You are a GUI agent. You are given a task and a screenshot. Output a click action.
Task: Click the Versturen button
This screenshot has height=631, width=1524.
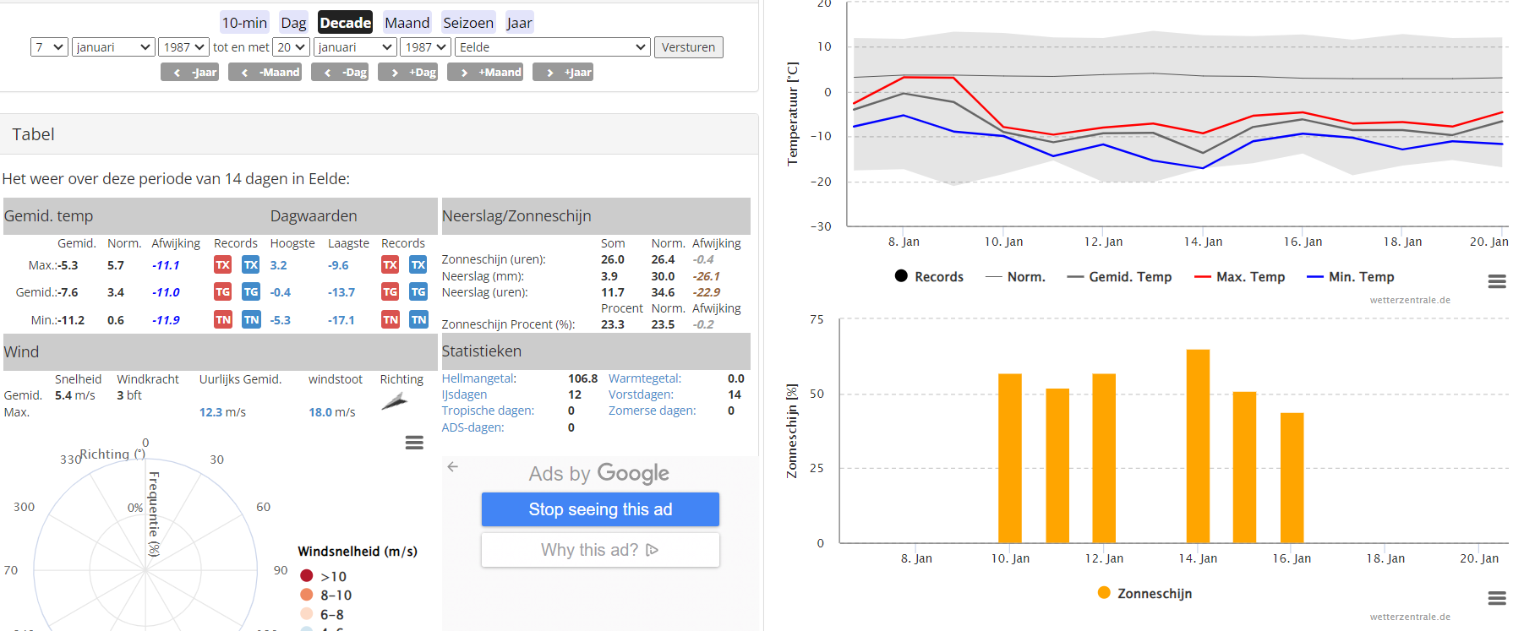[688, 47]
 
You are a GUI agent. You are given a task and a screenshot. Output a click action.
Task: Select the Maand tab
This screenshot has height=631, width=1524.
[407, 23]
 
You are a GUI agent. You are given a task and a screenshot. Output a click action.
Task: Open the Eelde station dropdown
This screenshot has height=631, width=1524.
[553, 47]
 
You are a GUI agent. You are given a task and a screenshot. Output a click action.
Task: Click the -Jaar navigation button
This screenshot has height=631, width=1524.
[190, 73]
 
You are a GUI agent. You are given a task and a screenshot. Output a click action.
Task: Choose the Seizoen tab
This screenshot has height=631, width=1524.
[468, 23]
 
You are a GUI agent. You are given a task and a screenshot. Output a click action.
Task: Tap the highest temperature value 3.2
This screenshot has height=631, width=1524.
[279, 265]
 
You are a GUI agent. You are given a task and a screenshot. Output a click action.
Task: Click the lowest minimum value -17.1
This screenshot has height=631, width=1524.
[341, 320]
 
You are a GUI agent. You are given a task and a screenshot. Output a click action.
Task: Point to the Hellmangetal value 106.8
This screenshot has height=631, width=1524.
[583, 378]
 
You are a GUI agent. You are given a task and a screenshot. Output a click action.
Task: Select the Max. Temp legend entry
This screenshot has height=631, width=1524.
[1239, 277]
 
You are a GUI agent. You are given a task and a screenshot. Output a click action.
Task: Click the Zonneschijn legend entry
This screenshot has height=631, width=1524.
[1144, 594]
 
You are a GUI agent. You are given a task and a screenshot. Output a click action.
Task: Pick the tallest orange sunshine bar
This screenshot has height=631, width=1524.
[1198, 446]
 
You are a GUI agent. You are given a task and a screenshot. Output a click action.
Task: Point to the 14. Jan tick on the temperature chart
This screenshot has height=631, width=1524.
[1203, 242]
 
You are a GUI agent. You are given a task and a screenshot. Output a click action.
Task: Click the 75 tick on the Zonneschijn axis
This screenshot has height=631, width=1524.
[817, 319]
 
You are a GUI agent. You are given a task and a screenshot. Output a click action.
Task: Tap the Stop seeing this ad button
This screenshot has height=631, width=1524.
[600, 509]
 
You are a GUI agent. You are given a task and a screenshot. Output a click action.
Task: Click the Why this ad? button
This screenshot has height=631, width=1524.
[600, 550]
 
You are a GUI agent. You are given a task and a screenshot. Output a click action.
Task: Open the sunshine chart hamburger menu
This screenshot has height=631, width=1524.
[1497, 598]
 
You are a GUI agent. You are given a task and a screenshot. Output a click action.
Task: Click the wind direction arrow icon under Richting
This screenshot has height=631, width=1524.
[394, 401]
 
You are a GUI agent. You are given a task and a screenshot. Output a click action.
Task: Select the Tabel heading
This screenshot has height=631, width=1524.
[33, 134]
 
